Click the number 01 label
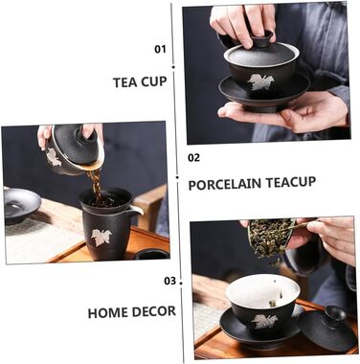coord(160,49)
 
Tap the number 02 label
coord(193,157)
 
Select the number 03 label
coord(170,281)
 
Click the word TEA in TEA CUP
coord(125,82)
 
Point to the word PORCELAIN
coord(225,185)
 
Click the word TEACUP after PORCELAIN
coord(291,182)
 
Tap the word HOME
coord(108,313)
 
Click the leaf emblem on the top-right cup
coord(259,81)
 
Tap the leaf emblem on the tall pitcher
coord(101,238)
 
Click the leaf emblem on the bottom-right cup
coord(264,321)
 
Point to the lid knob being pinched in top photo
coord(262,38)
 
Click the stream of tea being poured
coord(95,184)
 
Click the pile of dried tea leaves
coord(266,239)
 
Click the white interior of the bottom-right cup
coord(262,291)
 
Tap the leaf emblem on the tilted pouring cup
coord(53,157)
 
